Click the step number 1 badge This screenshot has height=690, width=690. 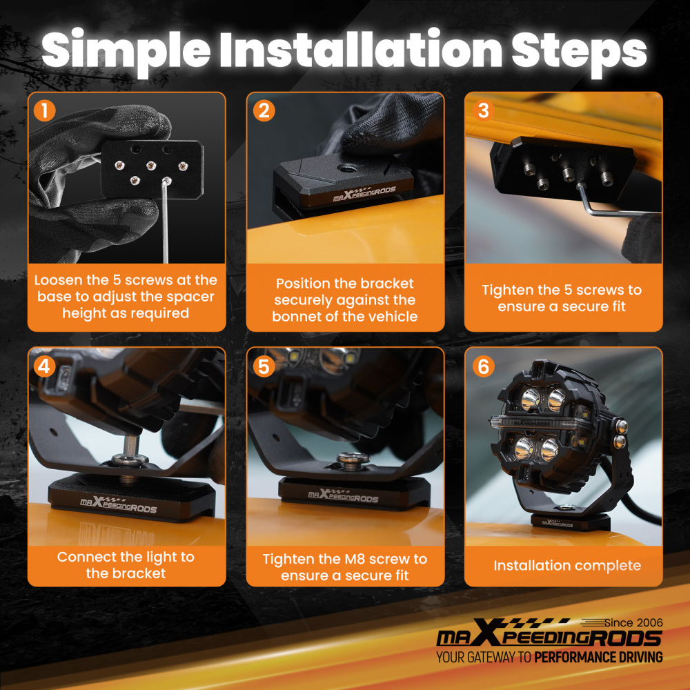coord(45,110)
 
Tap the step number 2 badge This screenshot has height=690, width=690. coord(264,110)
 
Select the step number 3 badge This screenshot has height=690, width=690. coord(483,110)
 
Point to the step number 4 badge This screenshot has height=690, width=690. coord(45,366)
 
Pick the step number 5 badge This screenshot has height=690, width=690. coord(264,366)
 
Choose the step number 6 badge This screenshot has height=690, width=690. coord(483,366)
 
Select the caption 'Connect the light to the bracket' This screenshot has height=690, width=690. coord(126,565)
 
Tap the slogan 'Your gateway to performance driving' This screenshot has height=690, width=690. coord(549,658)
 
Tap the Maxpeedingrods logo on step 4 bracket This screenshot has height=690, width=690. coord(118,505)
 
